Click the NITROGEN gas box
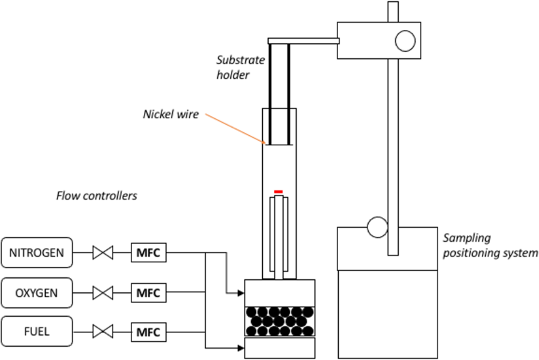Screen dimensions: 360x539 (36, 253)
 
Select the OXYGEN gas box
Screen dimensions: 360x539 (36, 292)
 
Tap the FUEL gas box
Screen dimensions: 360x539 (36, 332)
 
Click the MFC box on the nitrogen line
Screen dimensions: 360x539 (148, 254)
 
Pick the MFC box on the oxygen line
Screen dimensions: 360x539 (148, 292)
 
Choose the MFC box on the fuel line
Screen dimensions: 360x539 (148, 332)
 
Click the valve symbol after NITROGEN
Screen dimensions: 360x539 (102, 254)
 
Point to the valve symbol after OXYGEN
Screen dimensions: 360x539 (102, 292)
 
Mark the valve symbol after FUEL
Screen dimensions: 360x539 (102, 332)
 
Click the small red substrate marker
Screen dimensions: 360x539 (279, 192)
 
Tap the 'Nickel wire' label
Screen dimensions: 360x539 (171, 115)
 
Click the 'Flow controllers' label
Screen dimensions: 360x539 (96, 196)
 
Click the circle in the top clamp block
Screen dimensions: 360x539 (405, 41)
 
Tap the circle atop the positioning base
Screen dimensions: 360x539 (377, 227)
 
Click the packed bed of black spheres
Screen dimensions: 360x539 (279, 320)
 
